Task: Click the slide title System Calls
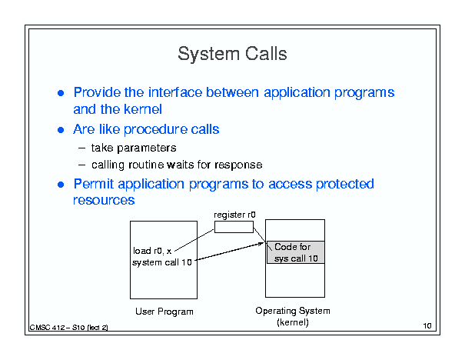point(232,54)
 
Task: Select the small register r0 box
point(234,227)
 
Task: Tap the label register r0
point(234,215)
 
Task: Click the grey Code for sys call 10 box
point(296,252)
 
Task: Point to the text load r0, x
point(152,251)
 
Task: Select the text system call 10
point(162,262)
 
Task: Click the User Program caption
point(164,312)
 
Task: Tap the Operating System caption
point(293,311)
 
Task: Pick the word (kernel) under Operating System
point(293,322)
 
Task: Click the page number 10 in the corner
point(427,326)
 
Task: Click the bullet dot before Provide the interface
point(61,93)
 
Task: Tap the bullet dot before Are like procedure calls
point(61,130)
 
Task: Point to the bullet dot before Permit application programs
point(61,185)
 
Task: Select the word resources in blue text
point(104,200)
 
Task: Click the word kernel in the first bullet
point(143,109)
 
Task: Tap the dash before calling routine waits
point(82,165)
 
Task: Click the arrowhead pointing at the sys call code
point(261,244)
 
